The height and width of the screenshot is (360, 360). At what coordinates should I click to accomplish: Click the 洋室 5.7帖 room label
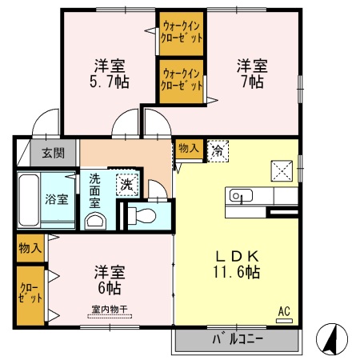click(110, 73)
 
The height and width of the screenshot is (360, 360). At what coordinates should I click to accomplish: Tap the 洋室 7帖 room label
click(250, 73)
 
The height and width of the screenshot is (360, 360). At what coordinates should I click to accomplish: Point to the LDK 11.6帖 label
click(236, 263)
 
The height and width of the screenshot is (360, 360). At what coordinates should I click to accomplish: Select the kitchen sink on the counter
click(241, 196)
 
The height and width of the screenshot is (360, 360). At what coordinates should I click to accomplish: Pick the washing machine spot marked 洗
click(126, 183)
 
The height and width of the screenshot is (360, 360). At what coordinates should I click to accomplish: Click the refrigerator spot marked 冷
click(217, 150)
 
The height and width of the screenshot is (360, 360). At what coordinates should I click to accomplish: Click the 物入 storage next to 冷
click(189, 149)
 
